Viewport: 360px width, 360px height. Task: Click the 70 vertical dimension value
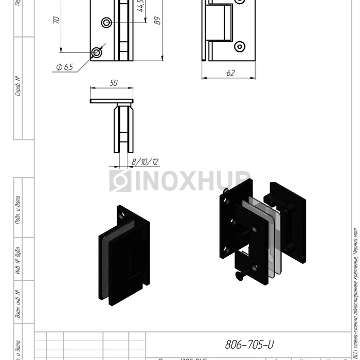[x=56, y=20]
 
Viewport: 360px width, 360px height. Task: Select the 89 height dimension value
[x=158, y=21]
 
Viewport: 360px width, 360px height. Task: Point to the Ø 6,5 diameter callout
[x=65, y=67]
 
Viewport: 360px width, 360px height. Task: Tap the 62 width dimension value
[x=230, y=73]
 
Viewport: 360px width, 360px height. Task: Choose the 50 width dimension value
[x=114, y=83]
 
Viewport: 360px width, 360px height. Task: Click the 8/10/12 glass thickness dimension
[x=145, y=161]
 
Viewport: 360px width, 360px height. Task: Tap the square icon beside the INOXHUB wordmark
[x=120, y=181]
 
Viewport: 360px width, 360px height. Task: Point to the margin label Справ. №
[x=18, y=86]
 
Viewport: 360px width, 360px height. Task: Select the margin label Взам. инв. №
[x=18, y=303]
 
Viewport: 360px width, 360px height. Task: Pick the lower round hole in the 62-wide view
[x=239, y=47]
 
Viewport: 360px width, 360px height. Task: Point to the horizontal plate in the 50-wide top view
[x=112, y=101]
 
